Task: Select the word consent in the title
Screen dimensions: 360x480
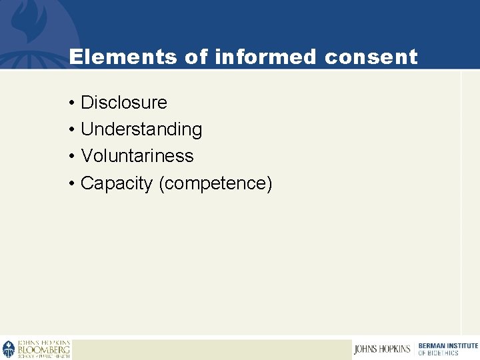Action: (371, 57)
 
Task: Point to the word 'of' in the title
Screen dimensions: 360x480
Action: (197, 57)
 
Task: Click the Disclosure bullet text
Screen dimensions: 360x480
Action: (123, 103)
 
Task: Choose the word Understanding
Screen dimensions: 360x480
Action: (141, 129)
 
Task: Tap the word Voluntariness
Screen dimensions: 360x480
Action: (137, 156)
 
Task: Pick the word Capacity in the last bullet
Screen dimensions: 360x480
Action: (117, 183)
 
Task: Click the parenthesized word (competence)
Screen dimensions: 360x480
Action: (215, 183)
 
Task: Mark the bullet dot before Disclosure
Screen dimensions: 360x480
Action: (71, 103)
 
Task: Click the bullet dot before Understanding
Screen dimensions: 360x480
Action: (71, 130)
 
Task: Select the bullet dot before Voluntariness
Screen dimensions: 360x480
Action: (71, 157)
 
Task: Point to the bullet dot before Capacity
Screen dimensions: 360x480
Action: (71, 184)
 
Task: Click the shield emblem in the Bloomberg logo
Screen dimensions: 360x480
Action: (9, 349)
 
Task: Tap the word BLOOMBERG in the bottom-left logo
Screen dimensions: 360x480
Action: (43, 349)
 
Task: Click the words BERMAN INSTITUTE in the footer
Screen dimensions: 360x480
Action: (448, 345)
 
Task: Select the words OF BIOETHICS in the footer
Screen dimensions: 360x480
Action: (439, 353)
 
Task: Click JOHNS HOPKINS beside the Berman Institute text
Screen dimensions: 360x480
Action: (383, 349)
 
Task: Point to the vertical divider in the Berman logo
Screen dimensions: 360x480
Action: (414, 349)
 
